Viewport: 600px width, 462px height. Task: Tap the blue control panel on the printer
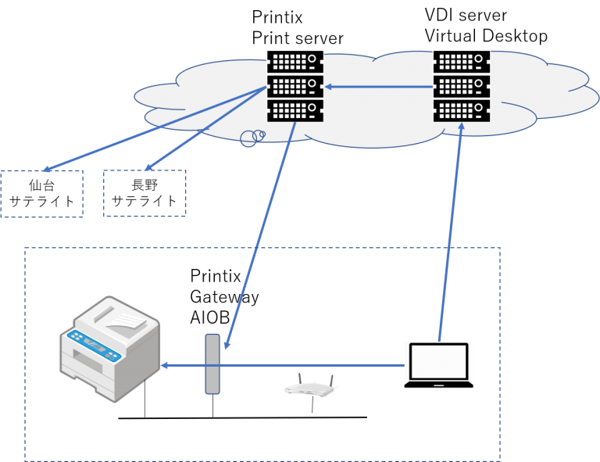93,343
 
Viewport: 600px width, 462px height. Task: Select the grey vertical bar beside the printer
212,364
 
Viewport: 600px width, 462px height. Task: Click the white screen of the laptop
438,362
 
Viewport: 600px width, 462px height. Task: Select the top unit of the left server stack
295,62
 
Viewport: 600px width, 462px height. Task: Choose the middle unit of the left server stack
295,86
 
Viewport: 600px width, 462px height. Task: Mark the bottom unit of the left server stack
295,110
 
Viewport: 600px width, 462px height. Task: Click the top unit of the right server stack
462,62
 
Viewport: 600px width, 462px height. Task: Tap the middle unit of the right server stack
462,86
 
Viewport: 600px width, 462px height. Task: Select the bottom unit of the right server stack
462,110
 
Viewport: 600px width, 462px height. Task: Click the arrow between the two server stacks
379,86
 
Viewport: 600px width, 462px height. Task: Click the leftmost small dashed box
41,194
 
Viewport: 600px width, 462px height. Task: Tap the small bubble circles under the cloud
251,138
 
